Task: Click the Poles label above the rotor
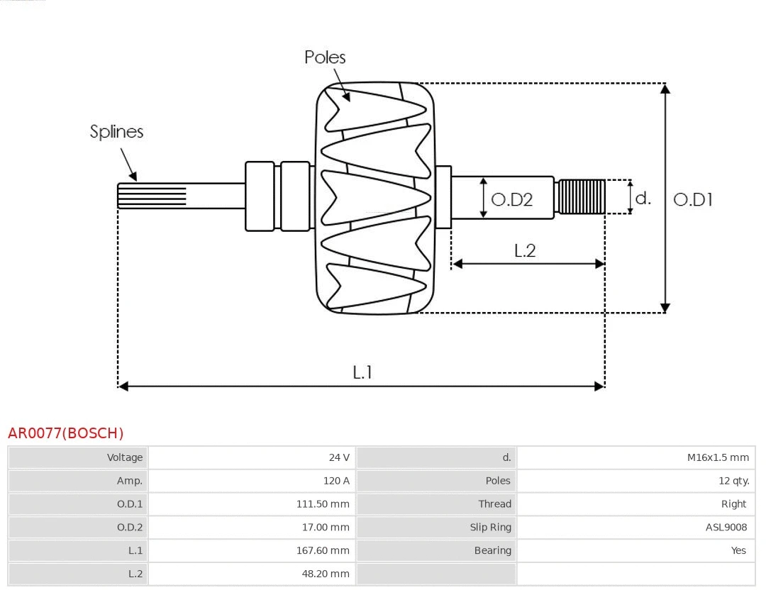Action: click(x=325, y=57)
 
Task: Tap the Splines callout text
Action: click(x=116, y=132)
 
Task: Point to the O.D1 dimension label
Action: click(x=692, y=199)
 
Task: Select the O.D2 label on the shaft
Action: click(x=511, y=199)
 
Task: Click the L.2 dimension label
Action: click(x=524, y=250)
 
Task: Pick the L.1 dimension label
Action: click(x=362, y=372)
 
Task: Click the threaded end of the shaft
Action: click(x=582, y=197)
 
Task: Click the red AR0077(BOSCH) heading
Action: click(x=65, y=433)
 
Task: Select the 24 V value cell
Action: click(x=339, y=457)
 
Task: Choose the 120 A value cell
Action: click(x=336, y=481)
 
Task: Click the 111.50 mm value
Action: click(x=323, y=504)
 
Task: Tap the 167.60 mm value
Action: click(x=323, y=550)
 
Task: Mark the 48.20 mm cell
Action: click(x=326, y=574)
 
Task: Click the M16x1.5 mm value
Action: click(x=718, y=457)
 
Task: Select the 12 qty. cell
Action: click(x=733, y=481)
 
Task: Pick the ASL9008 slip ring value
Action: click(x=726, y=527)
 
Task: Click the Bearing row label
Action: click(x=492, y=550)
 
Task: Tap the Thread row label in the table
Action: click(x=494, y=504)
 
